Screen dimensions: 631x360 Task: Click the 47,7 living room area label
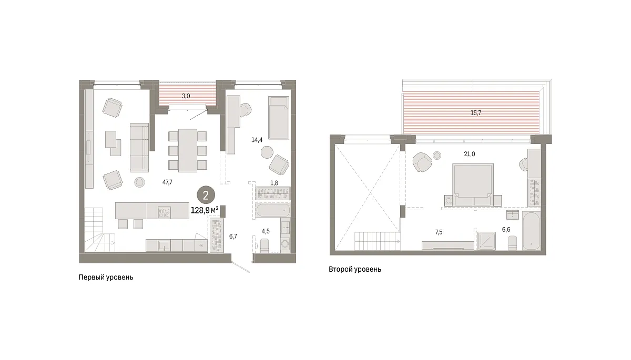click(x=167, y=182)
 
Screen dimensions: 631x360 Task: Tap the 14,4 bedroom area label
click(x=257, y=140)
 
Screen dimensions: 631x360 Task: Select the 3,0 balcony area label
click(x=186, y=96)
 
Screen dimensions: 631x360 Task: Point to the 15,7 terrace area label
click(x=476, y=113)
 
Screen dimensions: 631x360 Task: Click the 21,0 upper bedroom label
click(x=470, y=154)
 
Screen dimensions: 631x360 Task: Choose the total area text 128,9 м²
click(x=205, y=210)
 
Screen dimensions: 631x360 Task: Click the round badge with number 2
click(x=206, y=195)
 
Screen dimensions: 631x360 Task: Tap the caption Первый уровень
click(x=106, y=277)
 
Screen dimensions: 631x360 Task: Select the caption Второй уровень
click(x=355, y=270)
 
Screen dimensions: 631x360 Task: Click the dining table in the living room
click(x=188, y=150)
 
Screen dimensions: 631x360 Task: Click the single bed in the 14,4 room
click(x=279, y=118)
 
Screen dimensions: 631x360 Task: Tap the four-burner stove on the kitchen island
click(x=164, y=212)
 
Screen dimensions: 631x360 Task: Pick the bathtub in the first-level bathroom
click(x=273, y=210)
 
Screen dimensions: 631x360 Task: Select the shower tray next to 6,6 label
click(x=486, y=241)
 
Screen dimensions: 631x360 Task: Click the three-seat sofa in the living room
click(x=139, y=147)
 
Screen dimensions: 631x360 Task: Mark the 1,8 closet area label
click(x=274, y=183)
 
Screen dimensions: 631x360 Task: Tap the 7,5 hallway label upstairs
click(x=439, y=232)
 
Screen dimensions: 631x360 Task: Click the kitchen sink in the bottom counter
click(x=164, y=245)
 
